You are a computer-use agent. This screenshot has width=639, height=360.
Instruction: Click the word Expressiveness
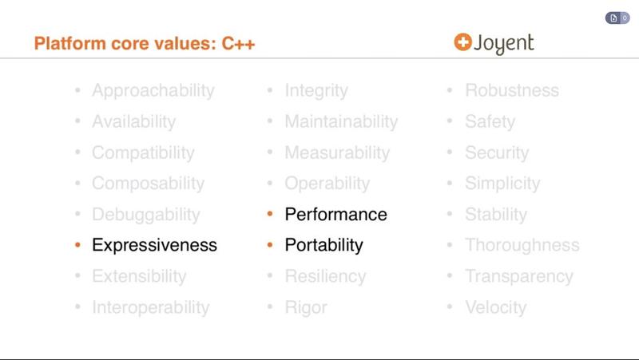click(154, 245)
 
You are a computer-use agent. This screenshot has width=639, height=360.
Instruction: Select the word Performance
click(335, 214)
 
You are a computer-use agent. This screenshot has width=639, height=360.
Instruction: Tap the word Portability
click(323, 245)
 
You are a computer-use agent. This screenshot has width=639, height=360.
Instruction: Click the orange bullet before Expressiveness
click(77, 245)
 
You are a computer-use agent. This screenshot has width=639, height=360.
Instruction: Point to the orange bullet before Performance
click(271, 214)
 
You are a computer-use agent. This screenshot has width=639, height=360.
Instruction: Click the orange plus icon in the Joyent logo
click(462, 42)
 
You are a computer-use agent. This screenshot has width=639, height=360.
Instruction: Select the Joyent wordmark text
click(504, 44)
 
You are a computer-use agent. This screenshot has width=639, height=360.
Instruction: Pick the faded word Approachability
click(153, 91)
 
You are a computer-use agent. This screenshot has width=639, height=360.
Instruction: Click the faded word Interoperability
click(150, 307)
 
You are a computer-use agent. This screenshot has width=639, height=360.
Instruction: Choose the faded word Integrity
click(316, 91)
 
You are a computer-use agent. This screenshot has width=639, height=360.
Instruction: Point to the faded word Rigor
click(306, 307)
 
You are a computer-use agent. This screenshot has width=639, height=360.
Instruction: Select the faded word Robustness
click(512, 91)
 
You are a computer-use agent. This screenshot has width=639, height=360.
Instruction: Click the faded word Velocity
click(495, 307)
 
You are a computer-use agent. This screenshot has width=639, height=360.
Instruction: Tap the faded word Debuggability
click(145, 215)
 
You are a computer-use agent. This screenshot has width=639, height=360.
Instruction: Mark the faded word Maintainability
click(341, 122)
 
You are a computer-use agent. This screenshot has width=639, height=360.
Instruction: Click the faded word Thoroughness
click(522, 245)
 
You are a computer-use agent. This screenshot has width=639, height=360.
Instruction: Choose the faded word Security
click(497, 152)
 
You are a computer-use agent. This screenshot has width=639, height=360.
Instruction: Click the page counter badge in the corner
click(617, 18)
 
